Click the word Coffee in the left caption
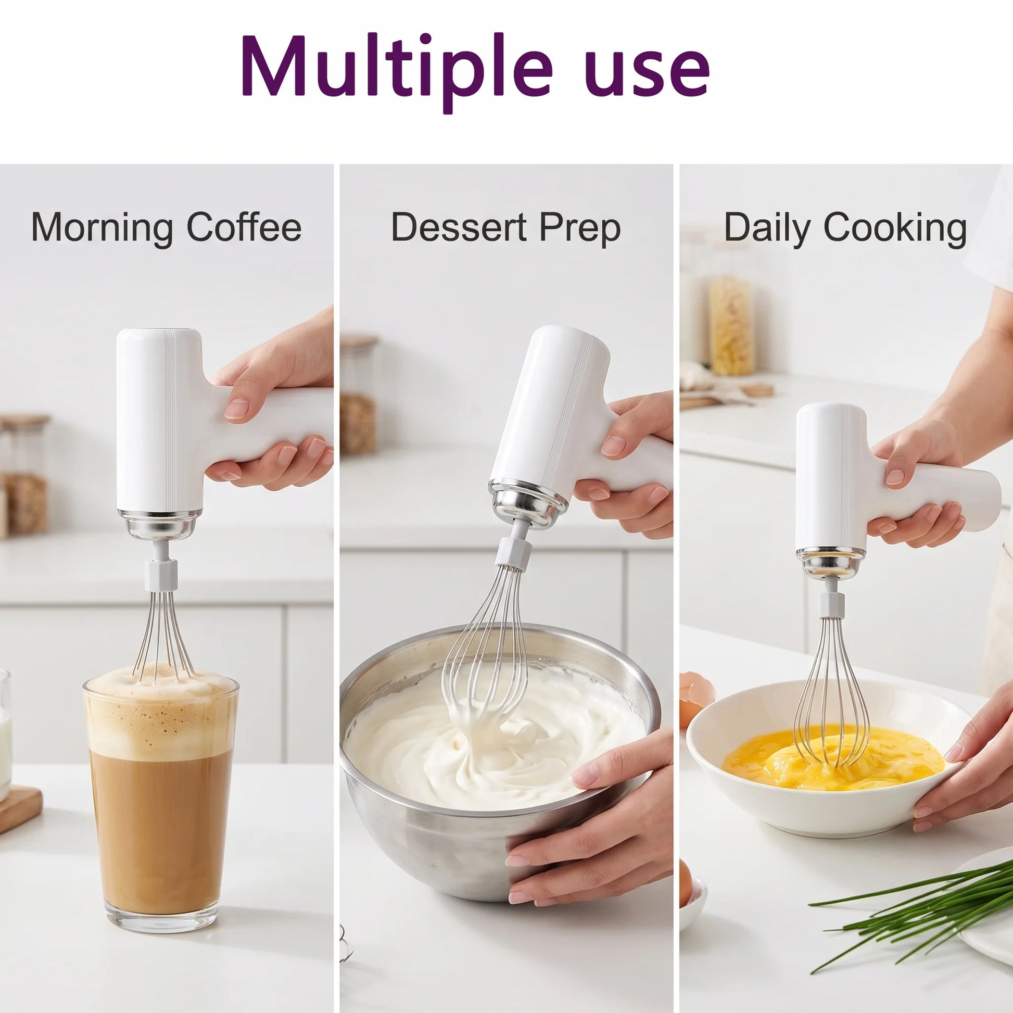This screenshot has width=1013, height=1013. pos(244,226)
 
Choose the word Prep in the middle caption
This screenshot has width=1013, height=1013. pos(580,230)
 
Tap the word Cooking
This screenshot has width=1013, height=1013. pos(895,230)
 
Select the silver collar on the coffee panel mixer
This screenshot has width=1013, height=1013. pos(158,524)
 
